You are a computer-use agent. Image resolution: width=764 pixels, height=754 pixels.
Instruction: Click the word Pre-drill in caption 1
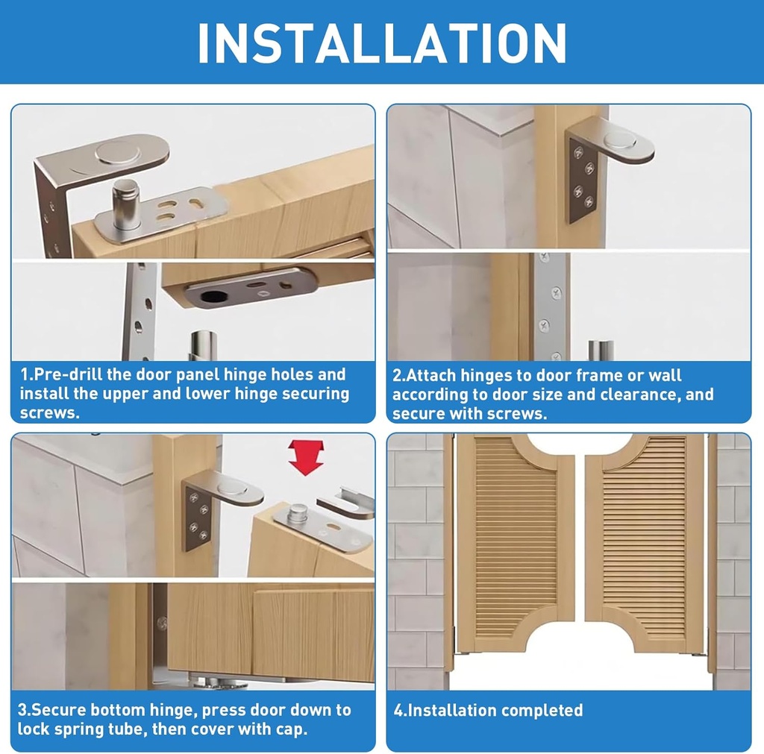[x=68, y=374]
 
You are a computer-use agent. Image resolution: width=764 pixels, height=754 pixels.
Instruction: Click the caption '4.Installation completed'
[x=488, y=710]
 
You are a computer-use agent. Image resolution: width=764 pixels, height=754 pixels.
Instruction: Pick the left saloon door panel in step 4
[x=515, y=544]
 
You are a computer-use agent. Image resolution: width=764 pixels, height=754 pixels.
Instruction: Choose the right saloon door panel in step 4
[x=645, y=544]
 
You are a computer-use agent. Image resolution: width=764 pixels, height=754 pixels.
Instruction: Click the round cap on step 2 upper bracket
[x=619, y=139]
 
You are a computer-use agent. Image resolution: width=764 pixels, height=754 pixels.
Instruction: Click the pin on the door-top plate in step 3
[x=298, y=513]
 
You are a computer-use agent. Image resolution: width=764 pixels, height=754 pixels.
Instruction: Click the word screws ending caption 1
[x=49, y=412]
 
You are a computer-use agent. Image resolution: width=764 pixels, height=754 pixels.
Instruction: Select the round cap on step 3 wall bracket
[x=232, y=488]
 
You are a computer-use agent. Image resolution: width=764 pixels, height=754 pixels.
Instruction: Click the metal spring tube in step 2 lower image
[x=601, y=351]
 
